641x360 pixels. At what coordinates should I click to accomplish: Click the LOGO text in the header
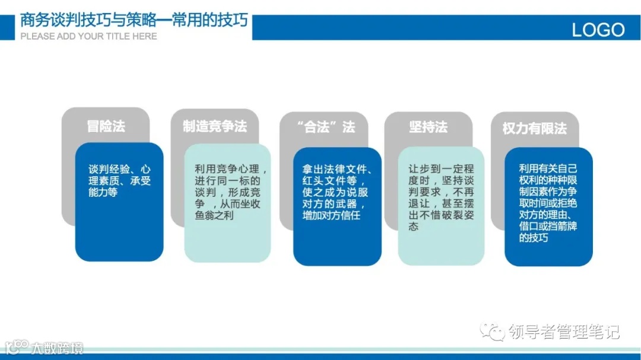click(598, 30)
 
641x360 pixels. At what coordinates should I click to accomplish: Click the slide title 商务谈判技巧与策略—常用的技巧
click(134, 21)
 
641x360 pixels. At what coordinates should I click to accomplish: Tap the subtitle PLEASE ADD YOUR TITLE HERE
click(89, 36)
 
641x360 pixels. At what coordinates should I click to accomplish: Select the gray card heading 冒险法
click(106, 126)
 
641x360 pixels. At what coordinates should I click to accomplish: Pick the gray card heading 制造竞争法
click(214, 126)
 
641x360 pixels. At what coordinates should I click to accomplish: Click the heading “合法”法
click(325, 127)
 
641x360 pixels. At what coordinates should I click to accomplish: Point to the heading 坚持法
click(428, 127)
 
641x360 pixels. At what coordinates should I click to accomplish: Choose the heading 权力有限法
click(534, 129)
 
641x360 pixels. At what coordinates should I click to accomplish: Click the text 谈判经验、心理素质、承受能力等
click(119, 180)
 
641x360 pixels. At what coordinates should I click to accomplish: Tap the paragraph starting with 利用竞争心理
click(227, 192)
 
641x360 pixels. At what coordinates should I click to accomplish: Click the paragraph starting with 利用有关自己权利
click(548, 203)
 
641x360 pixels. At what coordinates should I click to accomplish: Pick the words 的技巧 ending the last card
click(534, 238)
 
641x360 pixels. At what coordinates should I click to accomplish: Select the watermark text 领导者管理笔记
click(564, 332)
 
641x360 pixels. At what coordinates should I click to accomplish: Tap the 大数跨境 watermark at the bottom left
click(57, 348)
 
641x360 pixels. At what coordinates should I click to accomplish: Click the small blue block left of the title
click(7, 28)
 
